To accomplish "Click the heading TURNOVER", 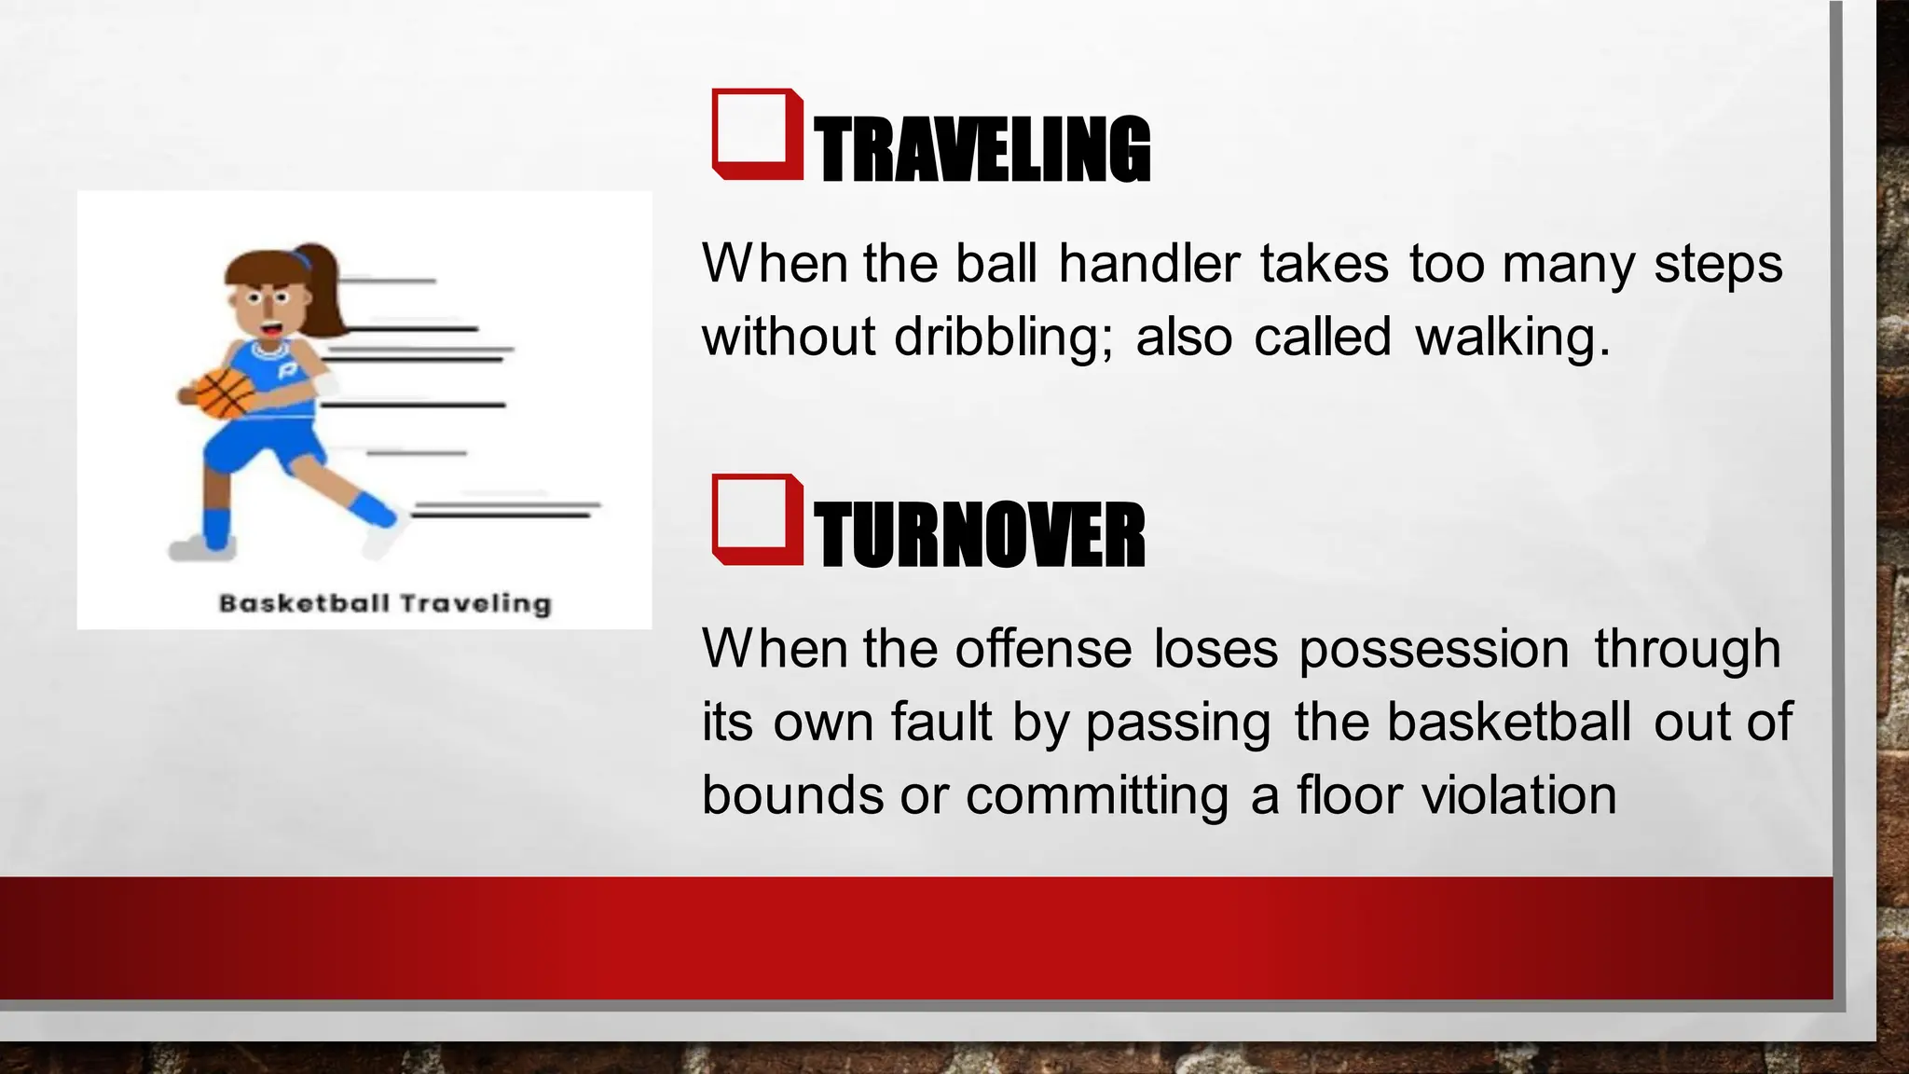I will point(979,535).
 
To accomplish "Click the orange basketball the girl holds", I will point(225,392).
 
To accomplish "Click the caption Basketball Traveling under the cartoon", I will point(385,604).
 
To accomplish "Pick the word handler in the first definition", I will point(1148,264).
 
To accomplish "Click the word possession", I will point(1435,649).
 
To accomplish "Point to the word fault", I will point(941,723).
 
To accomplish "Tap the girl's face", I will point(267,308).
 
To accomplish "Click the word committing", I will point(1097,795).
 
